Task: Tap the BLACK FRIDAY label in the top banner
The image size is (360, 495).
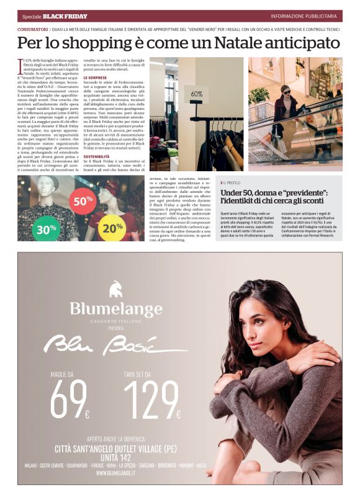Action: click(x=65, y=16)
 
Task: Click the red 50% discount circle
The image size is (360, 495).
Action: click(x=83, y=201)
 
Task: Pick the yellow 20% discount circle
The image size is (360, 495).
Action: click(x=112, y=228)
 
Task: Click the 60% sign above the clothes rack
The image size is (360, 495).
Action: click(x=196, y=94)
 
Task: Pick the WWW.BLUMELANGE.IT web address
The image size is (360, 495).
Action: click(x=115, y=473)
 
